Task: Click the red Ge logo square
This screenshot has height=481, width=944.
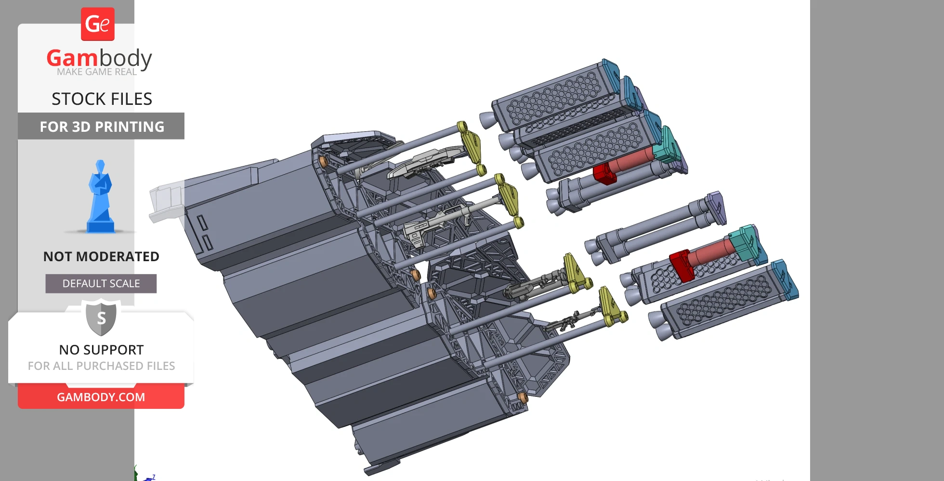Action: coord(98,24)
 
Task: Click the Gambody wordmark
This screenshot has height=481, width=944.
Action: coord(99,58)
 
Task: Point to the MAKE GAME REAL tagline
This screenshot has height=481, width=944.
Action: coord(97,72)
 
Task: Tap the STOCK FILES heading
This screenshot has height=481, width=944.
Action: coord(102,99)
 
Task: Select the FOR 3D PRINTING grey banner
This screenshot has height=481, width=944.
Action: coord(101,126)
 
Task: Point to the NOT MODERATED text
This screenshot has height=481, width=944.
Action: coord(101,256)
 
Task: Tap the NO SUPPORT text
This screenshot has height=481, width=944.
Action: coord(101,350)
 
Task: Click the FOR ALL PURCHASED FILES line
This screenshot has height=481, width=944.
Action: coord(101,366)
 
